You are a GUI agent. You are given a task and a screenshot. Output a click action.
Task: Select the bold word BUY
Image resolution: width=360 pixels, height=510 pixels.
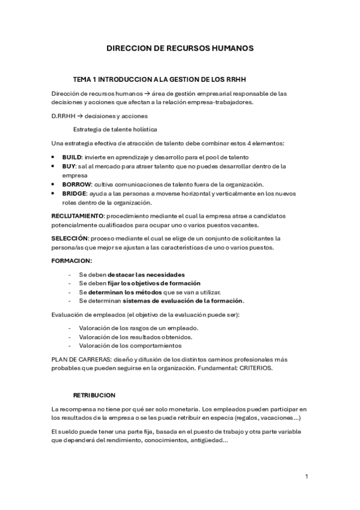click(x=69, y=165)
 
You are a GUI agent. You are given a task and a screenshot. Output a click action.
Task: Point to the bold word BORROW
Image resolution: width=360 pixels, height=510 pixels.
click(x=76, y=184)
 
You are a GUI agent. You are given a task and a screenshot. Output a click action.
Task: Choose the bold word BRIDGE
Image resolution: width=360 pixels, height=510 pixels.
click(x=74, y=194)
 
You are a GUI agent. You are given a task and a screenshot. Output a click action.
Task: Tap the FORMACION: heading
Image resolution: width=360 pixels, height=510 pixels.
click(x=72, y=260)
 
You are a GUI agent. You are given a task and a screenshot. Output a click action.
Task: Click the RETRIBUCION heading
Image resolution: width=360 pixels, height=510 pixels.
click(x=94, y=395)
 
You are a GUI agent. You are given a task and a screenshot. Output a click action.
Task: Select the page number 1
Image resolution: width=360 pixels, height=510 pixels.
click(x=307, y=476)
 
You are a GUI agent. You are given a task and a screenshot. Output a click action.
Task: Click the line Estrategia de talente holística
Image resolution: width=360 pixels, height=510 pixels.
click(x=115, y=129)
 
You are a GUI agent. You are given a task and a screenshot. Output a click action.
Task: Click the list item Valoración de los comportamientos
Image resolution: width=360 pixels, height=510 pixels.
click(x=130, y=345)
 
